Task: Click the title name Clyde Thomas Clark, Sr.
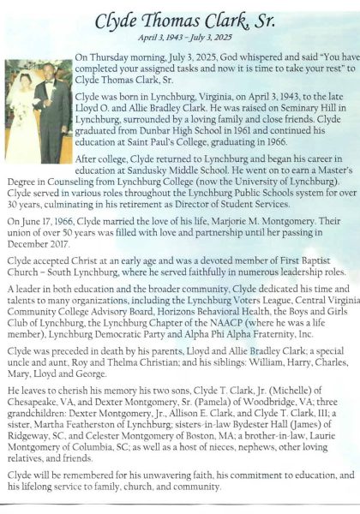pos(180,19)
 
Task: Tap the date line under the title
pos(180,39)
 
